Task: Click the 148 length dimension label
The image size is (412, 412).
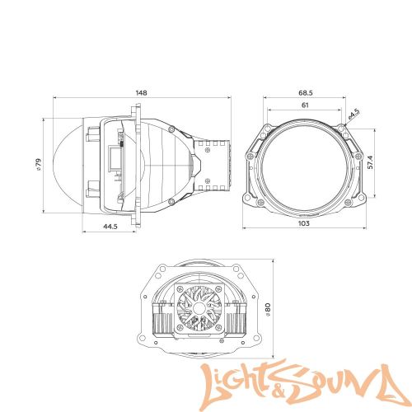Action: [x=141, y=92]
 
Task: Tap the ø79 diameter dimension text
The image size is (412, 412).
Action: [x=39, y=168]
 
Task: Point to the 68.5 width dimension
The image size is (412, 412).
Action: [x=304, y=92]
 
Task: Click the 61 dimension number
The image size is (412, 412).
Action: [x=304, y=106]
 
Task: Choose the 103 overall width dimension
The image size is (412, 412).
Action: [x=305, y=223]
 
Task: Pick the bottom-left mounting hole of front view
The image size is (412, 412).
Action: [x=250, y=202]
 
